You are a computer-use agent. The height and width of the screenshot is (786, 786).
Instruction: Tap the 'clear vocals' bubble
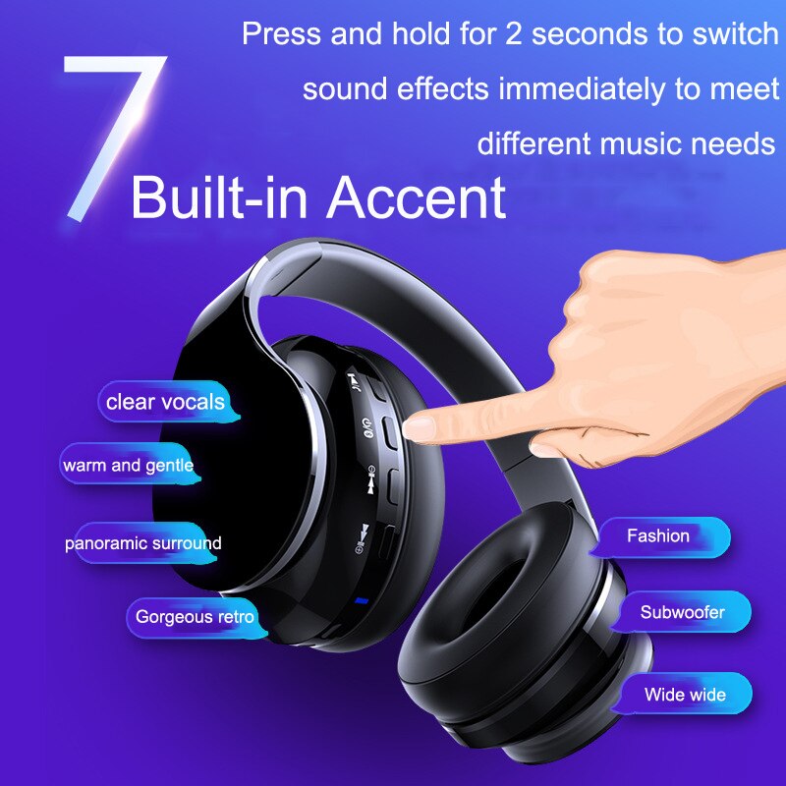(x=164, y=402)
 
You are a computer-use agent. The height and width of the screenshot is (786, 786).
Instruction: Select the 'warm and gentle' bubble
(x=128, y=465)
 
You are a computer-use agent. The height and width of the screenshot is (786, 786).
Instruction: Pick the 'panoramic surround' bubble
(x=143, y=542)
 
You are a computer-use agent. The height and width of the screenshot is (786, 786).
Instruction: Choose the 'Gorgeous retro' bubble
(x=195, y=617)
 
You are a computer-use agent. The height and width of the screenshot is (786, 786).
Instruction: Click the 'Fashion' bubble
(x=660, y=536)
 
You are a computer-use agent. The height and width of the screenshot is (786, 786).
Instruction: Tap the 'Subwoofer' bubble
(x=682, y=612)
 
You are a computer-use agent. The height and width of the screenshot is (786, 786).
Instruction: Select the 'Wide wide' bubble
(x=685, y=695)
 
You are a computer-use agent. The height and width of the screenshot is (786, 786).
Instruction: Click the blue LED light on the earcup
(x=362, y=601)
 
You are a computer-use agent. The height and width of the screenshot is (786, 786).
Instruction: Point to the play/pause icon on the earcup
(x=352, y=379)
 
